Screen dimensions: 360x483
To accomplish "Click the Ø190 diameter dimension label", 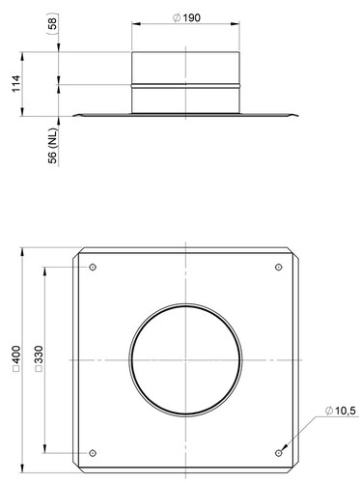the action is [x=186, y=17].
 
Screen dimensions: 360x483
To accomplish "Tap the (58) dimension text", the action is [x=52, y=23].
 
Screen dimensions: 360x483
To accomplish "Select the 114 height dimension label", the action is [x=16, y=84].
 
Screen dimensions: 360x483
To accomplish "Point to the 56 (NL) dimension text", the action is [x=52, y=146].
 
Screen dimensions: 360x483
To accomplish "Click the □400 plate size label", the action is [x=16, y=359].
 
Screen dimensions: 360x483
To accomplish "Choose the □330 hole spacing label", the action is [x=39, y=358].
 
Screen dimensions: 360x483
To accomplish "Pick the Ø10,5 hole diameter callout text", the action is [x=340, y=411].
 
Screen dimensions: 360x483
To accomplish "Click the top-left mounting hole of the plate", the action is [x=93, y=267].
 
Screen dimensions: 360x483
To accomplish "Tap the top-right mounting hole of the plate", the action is [x=279, y=267].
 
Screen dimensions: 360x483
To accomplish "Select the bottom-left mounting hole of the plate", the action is [x=93, y=453].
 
